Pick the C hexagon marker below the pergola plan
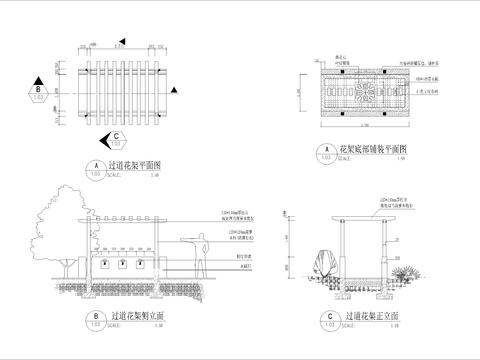pos(117,139)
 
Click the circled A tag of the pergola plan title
pos(96,167)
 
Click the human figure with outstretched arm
pos(201,252)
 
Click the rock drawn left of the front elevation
pos(322,265)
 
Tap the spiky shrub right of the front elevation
pos(409,273)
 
